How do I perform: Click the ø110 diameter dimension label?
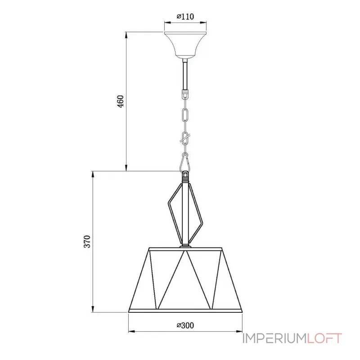pyautogui.click(x=184, y=17)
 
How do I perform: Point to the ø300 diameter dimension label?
pyautogui.click(x=185, y=325)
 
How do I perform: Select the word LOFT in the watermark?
pyautogui.click(x=324, y=338)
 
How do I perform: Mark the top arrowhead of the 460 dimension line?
pyautogui.click(x=126, y=34)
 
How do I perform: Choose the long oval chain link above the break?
pyautogui.click(x=184, y=115)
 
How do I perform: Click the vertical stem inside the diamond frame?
pyautogui.click(x=185, y=211)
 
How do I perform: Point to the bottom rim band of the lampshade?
pyautogui.click(x=185, y=310)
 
